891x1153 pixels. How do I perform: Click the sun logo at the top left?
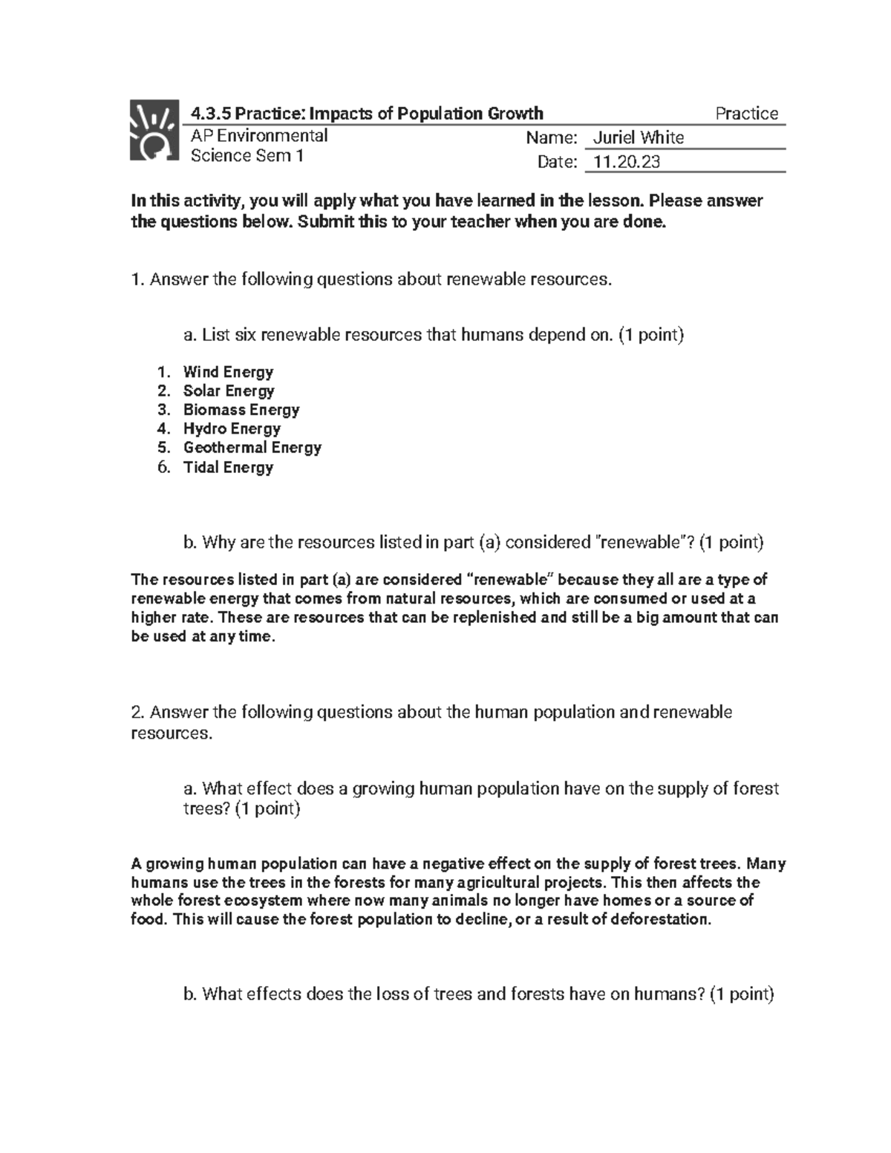click(154, 130)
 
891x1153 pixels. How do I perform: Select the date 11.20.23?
click(622, 162)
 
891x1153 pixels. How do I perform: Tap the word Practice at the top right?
click(746, 114)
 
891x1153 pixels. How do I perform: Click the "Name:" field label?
click(551, 138)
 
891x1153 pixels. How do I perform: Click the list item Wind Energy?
click(228, 372)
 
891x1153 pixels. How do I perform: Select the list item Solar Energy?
click(229, 391)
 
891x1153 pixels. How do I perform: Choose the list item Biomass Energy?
click(241, 410)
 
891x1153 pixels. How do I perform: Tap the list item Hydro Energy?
click(232, 429)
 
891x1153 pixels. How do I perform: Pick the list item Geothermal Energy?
click(252, 448)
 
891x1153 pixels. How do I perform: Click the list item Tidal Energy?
click(228, 468)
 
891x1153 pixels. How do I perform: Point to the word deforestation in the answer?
click(659, 920)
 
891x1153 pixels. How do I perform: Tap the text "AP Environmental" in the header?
click(259, 136)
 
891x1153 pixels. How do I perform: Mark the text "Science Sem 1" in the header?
click(247, 156)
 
